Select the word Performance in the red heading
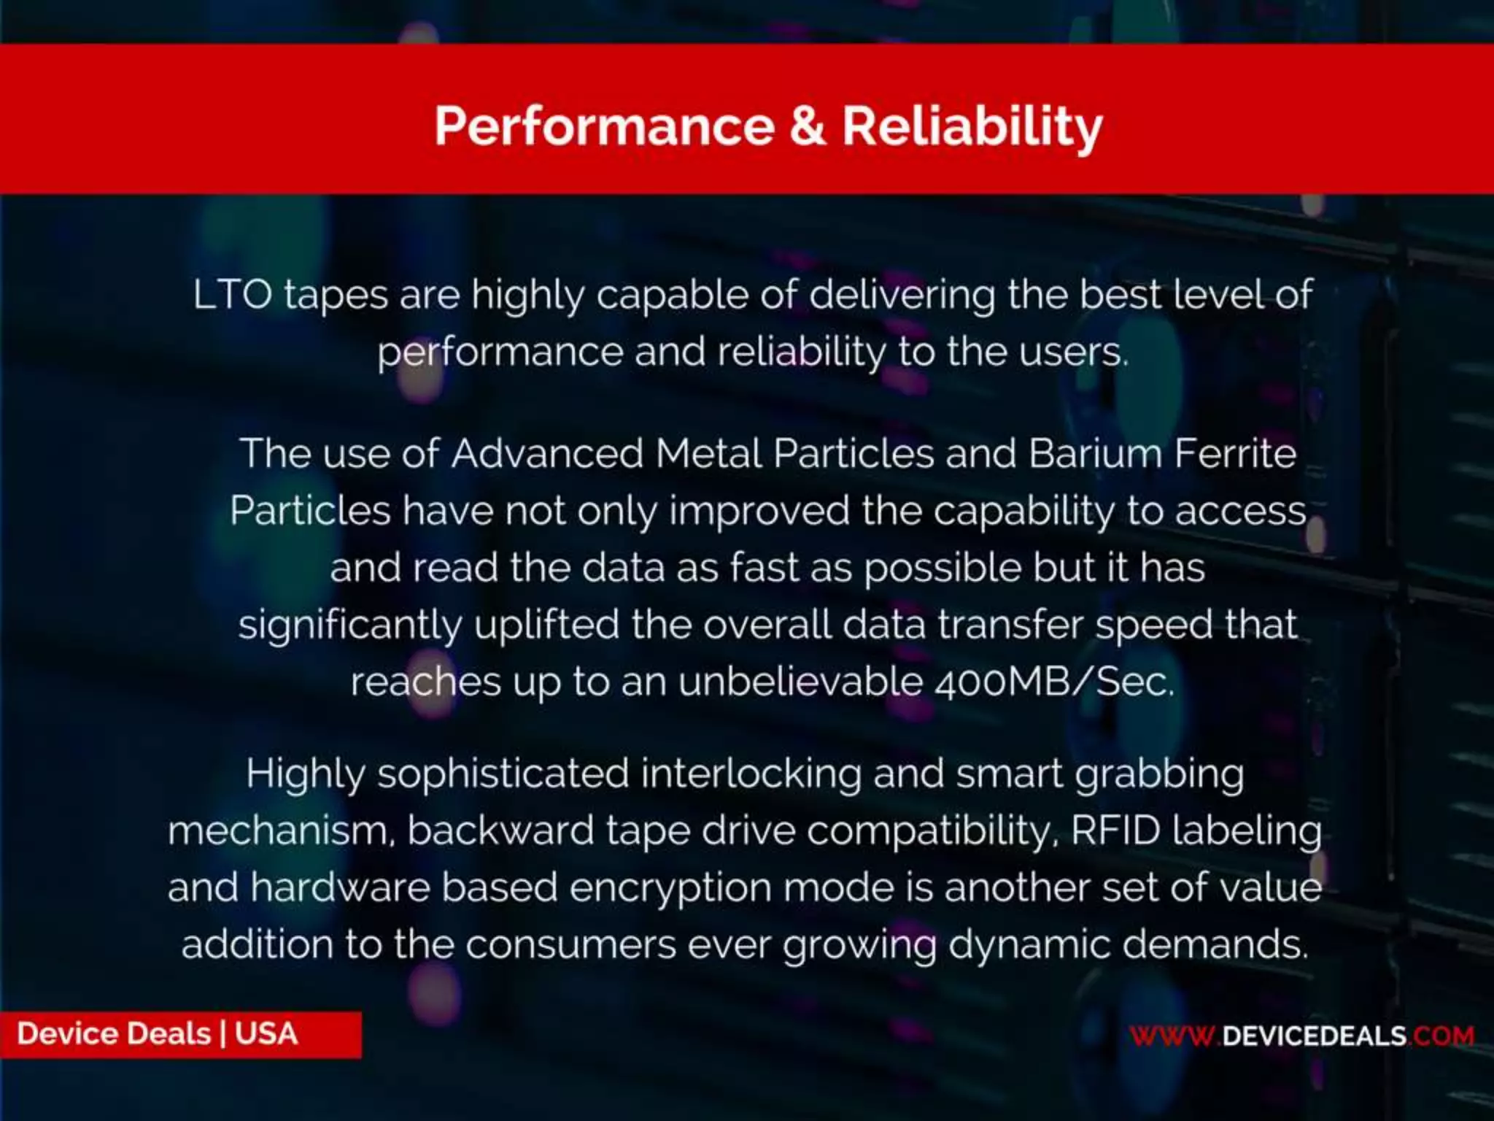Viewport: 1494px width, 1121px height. pyautogui.click(x=604, y=126)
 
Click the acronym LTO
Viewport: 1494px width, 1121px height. pyautogui.click(x=233, y=296)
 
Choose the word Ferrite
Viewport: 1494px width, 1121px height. pyautogui.click(x=1236, y=454)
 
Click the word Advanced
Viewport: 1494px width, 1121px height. pyautogui.click(x=547, y=454)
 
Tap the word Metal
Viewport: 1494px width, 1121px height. pyautogui.click(x=708, y=454)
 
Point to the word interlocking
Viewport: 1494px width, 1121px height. pyautogui.click(x=751, y=774)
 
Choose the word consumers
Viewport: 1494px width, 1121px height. pyautogui.click(x=571, y=945)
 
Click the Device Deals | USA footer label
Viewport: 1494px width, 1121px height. pyautogui.click(x=158, y=1034)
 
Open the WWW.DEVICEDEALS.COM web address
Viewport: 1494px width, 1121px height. pyautogui.click(x=1301, y=1036)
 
